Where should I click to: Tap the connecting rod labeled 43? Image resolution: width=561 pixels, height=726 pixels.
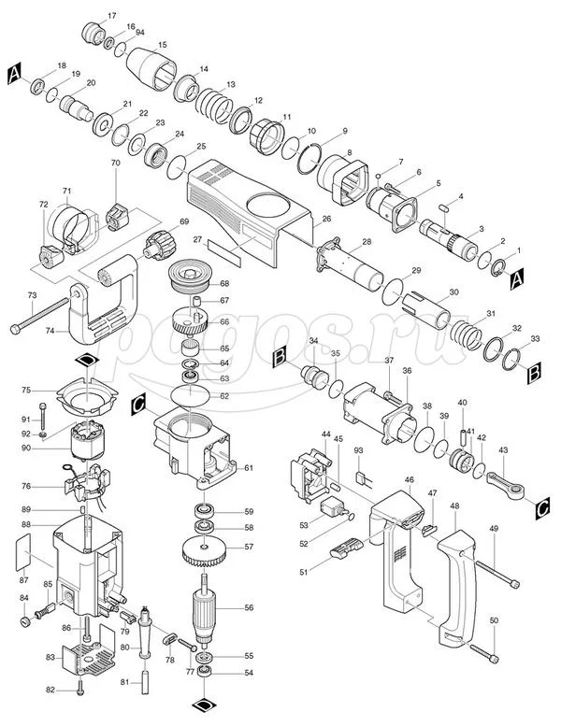pos(506,486)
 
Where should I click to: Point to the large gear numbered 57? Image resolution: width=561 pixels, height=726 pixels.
pos(204,551)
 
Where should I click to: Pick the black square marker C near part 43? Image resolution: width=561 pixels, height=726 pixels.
pos(542,508)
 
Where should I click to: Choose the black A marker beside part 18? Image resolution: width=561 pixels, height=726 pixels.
pos(15,74)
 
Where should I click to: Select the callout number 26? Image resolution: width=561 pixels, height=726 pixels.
pos(326,219)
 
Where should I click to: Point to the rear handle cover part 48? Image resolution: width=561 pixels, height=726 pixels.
pos(457,587)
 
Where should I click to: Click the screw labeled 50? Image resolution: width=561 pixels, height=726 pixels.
pos(485,653)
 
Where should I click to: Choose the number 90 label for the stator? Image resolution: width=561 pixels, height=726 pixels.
pos(26,448)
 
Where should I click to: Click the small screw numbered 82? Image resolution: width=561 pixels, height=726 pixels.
pos(80,690)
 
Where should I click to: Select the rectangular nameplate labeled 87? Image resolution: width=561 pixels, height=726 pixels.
pos(23,552)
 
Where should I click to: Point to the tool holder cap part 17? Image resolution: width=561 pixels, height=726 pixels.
pos(94,34)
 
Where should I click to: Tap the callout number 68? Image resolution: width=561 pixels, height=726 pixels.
pos(224,283)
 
